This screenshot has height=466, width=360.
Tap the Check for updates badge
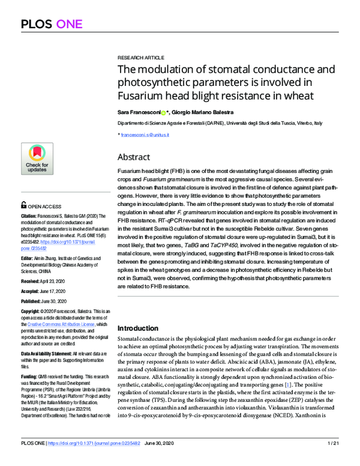click(x=37, y=159)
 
